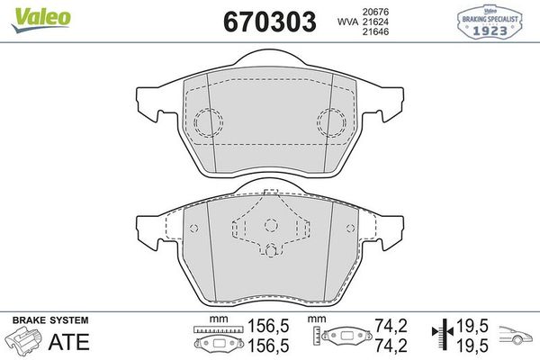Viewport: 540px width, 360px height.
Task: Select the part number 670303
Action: tap(264, 20)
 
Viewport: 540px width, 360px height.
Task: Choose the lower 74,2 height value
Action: tap(387, 346)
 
